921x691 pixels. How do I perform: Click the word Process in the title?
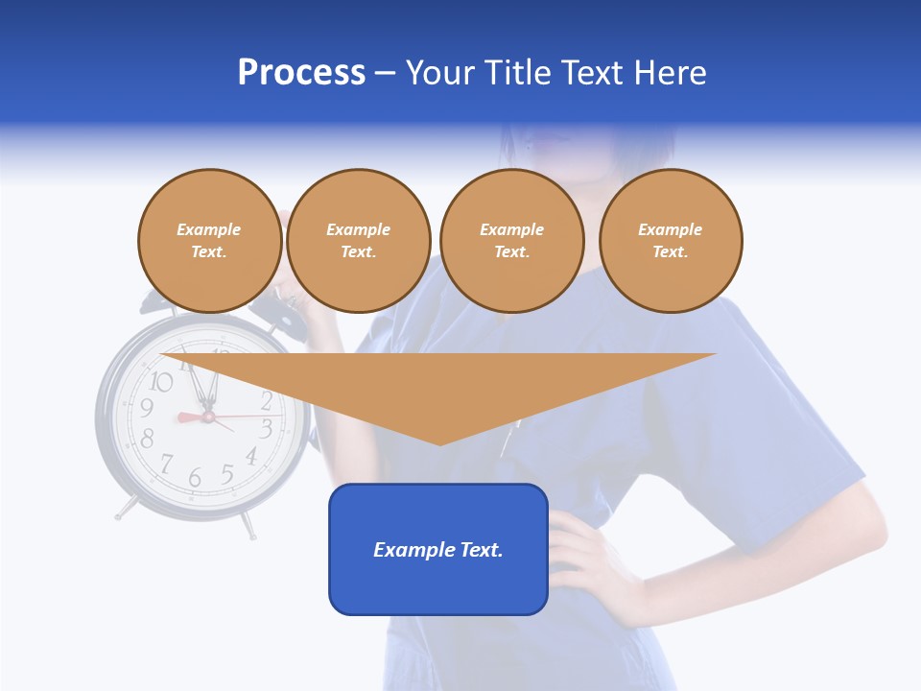pos(301,73)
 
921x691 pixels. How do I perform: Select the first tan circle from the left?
pos(209,241)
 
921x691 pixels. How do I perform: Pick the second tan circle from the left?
pos(358,241)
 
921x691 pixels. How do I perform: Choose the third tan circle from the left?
pos(511,241)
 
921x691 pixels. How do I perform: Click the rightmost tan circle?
pos(670,241)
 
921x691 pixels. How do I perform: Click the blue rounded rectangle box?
pos(437,549)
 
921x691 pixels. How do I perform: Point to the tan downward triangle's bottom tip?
pos(439,442)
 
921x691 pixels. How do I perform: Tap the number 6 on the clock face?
pos(195,477)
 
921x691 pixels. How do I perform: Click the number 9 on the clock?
pos(147,409)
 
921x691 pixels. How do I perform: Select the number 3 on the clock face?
pos(267,428)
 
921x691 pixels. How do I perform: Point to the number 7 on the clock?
pos(166,465)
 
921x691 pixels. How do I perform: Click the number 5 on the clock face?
pos(227,473)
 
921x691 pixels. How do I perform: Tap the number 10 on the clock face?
pos(161,382)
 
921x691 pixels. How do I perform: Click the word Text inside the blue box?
pos(478,550)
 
